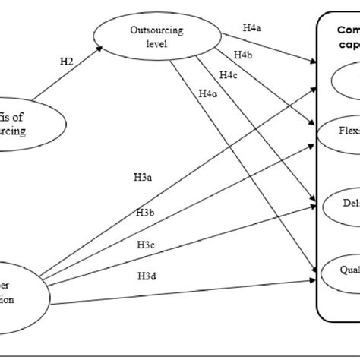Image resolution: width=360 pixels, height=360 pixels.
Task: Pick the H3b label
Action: coord(147,213)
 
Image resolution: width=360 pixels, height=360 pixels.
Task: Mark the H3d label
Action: coord(147,275)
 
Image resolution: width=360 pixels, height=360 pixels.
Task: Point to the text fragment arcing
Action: coord(13,131)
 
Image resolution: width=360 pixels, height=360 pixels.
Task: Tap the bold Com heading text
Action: coord(347,31)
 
